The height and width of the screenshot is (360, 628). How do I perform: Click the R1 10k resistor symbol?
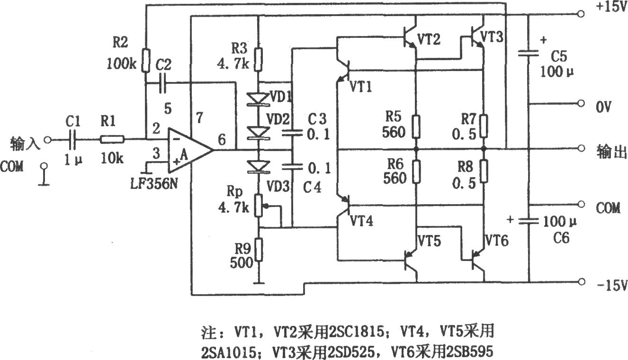coord(112,139)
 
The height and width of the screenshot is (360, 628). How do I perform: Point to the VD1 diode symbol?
coord(259,99)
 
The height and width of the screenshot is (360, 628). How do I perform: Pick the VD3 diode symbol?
coord(259,166)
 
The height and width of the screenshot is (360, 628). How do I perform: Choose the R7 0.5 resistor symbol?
coord(484,125)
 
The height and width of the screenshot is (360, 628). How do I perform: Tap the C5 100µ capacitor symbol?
coord(529,54)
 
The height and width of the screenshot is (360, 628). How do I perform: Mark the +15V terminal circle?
coord(581,15)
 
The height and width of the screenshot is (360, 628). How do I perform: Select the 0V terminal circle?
coord(581,104)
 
